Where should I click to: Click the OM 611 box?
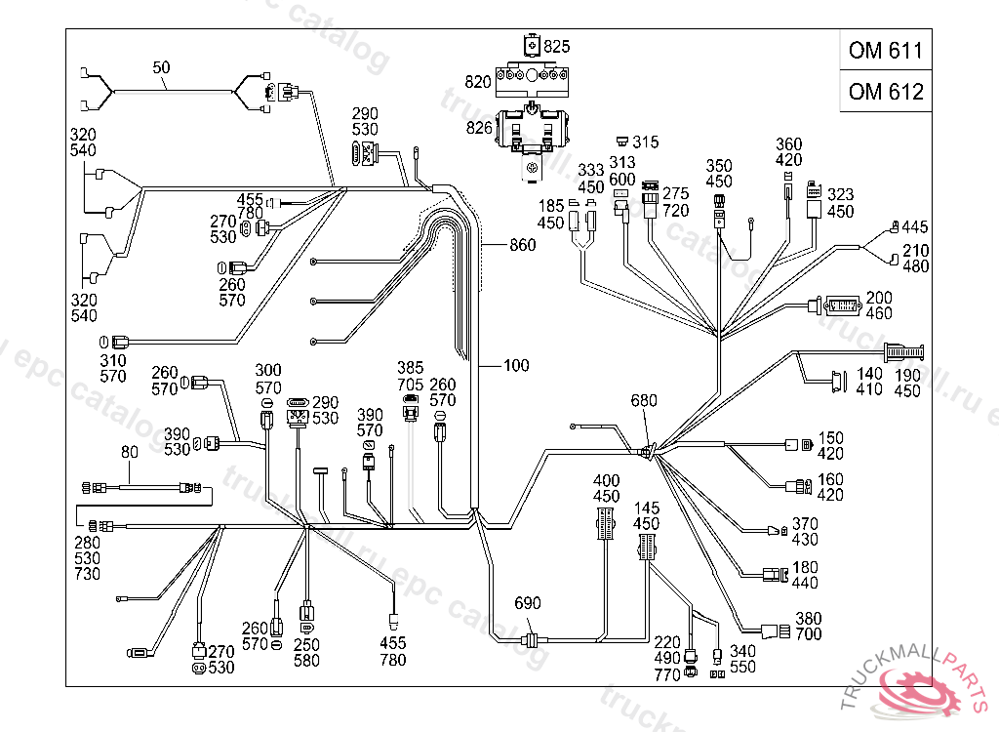(x=885, y=51)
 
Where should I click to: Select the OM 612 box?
(x=885, y=92)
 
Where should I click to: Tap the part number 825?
(x=557, y=46)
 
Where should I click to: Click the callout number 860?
(x=523, y=245)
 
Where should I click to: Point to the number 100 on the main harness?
(x=516, y=366)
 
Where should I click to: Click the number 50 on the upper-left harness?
(x=161, y=67)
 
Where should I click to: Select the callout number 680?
(x=645, y=401)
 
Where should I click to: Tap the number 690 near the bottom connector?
(x=527, y=604)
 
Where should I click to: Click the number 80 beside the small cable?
(x=130, y=452)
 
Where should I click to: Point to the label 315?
(x=646, y=142)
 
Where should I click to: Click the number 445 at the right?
(x=915, y=226)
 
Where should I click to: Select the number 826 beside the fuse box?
(x=479, y=128)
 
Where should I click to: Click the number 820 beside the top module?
(x=478, y=81)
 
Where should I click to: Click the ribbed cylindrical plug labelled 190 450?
(x=903, y=351)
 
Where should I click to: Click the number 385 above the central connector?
(x=411, y=368)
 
